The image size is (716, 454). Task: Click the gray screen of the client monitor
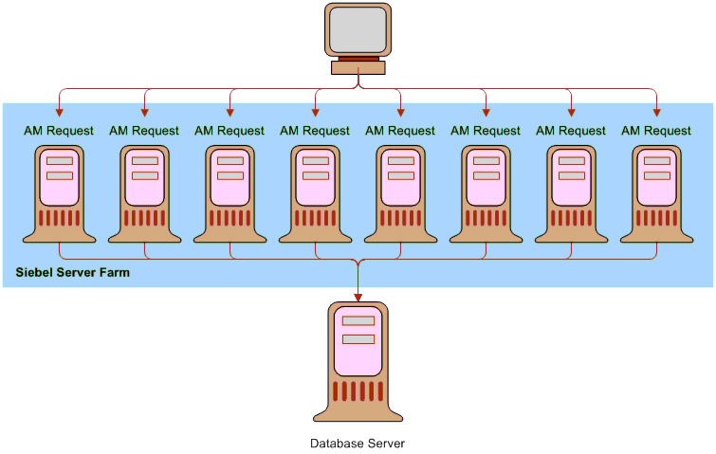pos(358,30)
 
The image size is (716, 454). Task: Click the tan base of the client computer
pos(358,67)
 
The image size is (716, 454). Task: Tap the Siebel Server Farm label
pos(73,272)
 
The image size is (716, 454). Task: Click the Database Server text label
pos(358,443)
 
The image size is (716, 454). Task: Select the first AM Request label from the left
pos(59,131)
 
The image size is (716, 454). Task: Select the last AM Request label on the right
pos(656,131)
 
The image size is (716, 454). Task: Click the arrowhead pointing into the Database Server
pos(358,298)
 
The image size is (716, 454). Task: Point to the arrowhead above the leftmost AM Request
pos(59,113)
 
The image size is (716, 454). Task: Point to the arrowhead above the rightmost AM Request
pos(656,113)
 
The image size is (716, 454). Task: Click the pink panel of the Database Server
pos(358,341)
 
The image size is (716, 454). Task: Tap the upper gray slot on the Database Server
pos(358,320)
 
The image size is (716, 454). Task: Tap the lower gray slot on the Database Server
pos(358,339)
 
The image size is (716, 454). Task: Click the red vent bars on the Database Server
pos(358,391)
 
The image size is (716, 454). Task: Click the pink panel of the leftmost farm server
pos(60,177)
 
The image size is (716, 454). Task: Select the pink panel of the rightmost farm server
pos(657,177)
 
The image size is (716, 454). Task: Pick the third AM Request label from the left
pos(229,131)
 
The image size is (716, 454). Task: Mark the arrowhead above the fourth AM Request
pos(315,113)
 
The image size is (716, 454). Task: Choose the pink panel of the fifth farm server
pos(401,177)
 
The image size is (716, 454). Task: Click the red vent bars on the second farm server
pos(145,218)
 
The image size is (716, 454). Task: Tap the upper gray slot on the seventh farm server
pos(572,160)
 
